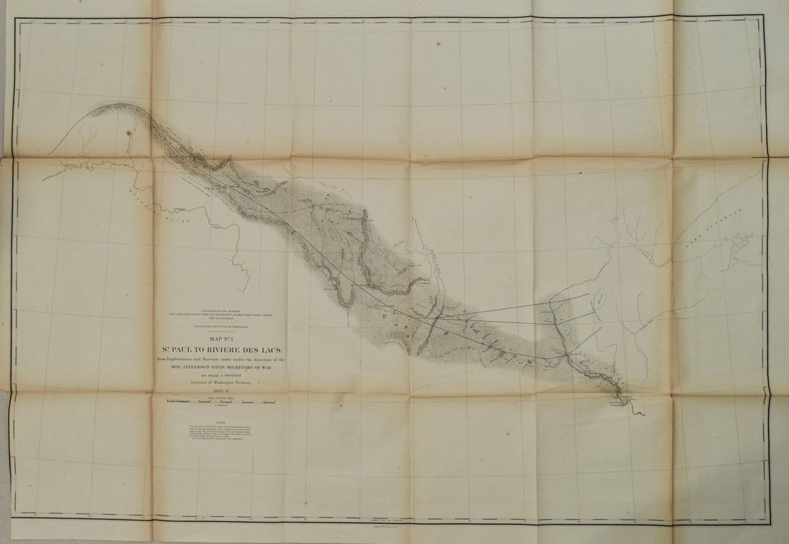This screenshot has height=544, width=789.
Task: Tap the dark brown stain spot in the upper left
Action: pos(130,133)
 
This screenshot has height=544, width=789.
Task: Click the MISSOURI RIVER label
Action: pos(176,210)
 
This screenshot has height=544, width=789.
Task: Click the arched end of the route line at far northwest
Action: pos(97,112)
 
